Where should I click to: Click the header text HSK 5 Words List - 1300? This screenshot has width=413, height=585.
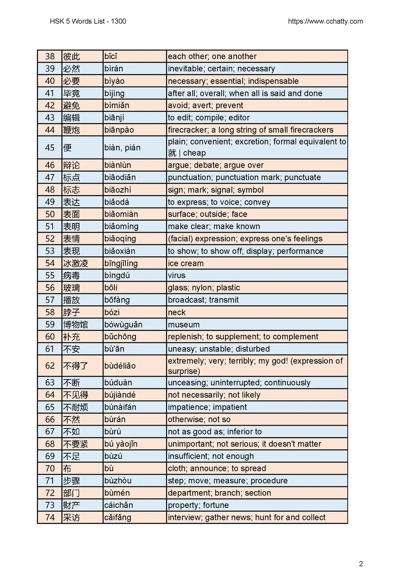(x=88, y=21)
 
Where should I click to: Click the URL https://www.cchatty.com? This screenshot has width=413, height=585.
(x=325, y=21)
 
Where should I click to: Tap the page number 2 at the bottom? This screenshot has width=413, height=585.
(x=361, y=563)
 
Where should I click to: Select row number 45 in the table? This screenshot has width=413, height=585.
(x=50, y=147)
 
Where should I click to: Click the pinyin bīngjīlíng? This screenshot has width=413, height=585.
(x=121, y=263)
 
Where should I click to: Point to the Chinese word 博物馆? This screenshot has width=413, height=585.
(x=76, y=324)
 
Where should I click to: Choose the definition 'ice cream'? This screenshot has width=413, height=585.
(x=186, y=263)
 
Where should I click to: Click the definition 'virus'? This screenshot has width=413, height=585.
(x=177, y=275)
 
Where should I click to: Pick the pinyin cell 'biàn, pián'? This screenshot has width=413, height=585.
(x=122, y=147)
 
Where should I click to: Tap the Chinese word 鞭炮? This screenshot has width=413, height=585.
(x=71, y=130)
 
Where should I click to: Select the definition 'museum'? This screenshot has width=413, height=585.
(x=184, y=324)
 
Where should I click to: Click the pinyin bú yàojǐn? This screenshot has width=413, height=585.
(x=121, y=444)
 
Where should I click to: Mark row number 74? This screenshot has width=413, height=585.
(x=50, y=517)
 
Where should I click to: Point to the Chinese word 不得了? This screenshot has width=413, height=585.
(x=76, y=366)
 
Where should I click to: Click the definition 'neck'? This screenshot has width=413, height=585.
(x=177, y=312)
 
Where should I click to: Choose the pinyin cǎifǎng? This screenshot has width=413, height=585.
(x=117, y=517)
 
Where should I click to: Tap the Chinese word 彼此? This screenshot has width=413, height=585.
(x=71, y=56)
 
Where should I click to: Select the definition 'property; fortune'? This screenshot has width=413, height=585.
(x=198, y=505)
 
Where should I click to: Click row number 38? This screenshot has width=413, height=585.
(x=50, y=56)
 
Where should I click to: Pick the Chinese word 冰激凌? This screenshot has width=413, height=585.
(x=76, y=263)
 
